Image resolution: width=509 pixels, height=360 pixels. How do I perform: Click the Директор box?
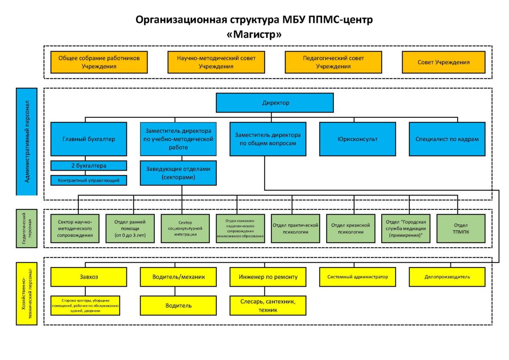click(275, 103)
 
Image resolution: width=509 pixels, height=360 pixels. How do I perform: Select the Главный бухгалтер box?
click(89, 139)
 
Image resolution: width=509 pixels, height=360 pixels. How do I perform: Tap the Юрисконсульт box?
click(358, 139)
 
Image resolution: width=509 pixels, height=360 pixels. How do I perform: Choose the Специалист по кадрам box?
click(447, 139)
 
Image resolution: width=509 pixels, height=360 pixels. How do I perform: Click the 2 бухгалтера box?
click(89, 165)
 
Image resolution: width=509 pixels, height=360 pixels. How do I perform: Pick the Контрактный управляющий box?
click(89, 180)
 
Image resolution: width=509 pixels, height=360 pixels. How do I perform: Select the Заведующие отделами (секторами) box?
click(178, 173)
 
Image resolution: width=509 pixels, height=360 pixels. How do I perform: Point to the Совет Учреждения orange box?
click(444, 62)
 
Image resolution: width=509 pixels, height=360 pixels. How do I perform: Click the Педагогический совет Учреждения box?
click(333, 62)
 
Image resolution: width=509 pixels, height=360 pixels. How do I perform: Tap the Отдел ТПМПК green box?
click(461, 229)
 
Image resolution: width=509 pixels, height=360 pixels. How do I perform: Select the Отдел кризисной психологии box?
click(351, 229)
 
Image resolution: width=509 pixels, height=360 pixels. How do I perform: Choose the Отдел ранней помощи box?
click(130, 229)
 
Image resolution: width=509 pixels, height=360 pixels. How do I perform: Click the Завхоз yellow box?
click(89, 277)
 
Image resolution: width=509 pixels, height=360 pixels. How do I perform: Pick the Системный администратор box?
click(358, 277)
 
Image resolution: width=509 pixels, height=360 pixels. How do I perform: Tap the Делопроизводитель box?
click(447, 277)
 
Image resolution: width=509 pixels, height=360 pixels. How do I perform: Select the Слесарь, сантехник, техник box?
click(268, 305)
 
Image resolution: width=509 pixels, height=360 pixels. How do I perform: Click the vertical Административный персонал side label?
click(27, 142)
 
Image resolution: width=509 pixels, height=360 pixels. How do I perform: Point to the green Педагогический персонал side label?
click(27, 229)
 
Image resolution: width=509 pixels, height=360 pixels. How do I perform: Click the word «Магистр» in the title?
click(254, 34)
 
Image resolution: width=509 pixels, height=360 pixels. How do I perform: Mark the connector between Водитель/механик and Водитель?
click(175, 291)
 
